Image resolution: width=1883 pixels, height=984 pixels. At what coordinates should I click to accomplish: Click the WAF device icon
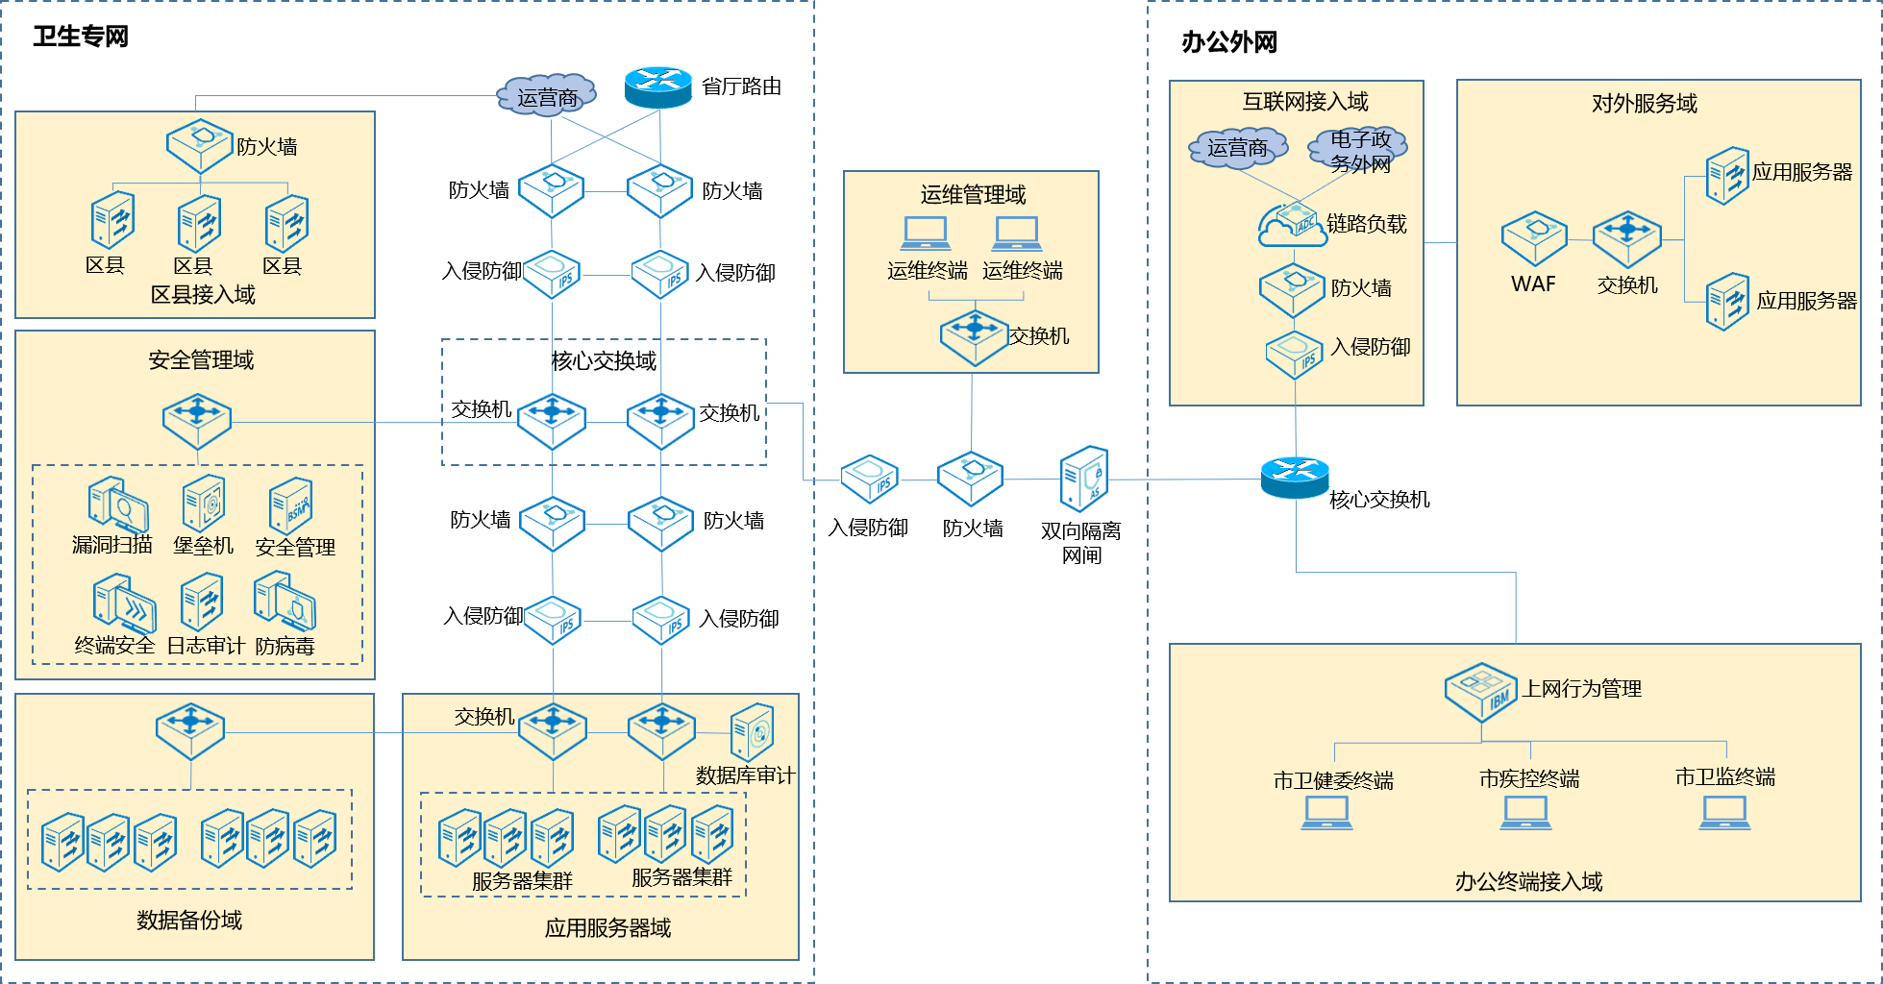[1534, 237]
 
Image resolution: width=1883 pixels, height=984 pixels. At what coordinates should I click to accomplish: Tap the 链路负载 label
[1366, 224]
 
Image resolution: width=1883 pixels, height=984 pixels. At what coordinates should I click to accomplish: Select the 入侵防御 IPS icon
[1295, 355]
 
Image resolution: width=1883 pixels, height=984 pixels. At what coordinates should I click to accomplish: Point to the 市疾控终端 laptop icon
[1526, 813]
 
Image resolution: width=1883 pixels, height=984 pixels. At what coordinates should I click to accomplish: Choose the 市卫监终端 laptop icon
[1724, 812]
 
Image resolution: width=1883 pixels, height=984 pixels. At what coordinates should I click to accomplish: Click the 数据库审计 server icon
[752, 732]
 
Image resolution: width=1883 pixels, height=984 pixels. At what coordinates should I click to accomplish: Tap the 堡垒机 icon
[204, 503]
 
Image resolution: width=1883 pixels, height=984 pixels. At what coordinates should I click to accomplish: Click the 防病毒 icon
[285, 602]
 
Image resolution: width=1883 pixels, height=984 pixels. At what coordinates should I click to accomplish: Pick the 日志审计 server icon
[202, 603]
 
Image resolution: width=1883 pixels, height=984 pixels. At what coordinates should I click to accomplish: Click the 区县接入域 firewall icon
[200, 146]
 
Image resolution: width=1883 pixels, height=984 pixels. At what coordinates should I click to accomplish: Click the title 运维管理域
[973, 195]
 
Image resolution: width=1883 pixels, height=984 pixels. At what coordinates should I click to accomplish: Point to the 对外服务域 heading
[1644, 104]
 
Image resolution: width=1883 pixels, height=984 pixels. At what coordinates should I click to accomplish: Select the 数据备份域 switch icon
[190, 731]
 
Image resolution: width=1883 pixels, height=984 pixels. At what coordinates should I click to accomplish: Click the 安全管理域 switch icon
[197, 421]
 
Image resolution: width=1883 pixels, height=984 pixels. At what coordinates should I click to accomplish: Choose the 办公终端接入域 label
[1527, 881]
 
